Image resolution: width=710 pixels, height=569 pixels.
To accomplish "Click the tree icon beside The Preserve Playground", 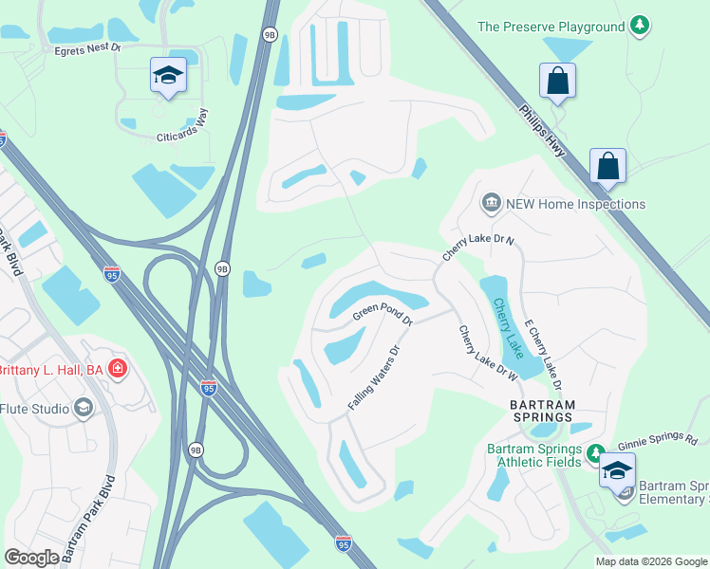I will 641,27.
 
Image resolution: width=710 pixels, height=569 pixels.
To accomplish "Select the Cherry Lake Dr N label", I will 478,248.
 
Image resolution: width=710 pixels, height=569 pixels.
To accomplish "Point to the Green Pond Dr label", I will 383,314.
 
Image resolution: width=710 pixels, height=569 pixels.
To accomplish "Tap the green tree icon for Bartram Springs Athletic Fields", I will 595,451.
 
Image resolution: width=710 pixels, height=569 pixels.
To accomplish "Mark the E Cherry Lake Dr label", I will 544,352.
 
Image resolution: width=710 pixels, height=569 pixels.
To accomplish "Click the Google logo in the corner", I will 31,557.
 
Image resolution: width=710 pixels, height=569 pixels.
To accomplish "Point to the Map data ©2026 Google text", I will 650,561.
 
